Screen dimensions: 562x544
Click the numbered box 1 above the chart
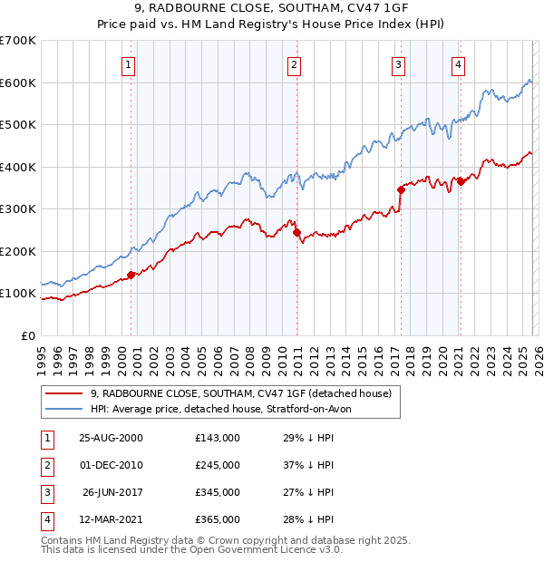(x=129, y=64)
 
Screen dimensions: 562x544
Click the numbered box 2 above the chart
(x=295, y=64)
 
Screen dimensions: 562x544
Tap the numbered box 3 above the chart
(x=399, y=64)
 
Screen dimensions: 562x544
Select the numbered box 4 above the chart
(x=459, y=64)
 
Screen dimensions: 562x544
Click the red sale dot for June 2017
(x=400, y=189)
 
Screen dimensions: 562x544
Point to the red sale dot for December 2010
(x=296, y=232)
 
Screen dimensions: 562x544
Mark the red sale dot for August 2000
(x=131, y=275)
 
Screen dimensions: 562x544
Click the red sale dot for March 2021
(x=460, y=181)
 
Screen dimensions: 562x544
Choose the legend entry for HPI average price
(x=227, y=409)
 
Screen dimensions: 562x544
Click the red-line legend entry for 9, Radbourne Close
(x=240, y=393)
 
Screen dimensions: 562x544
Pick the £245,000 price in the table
(x=217, y=465)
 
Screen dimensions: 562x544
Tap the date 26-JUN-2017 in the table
(x=112, y=492)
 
